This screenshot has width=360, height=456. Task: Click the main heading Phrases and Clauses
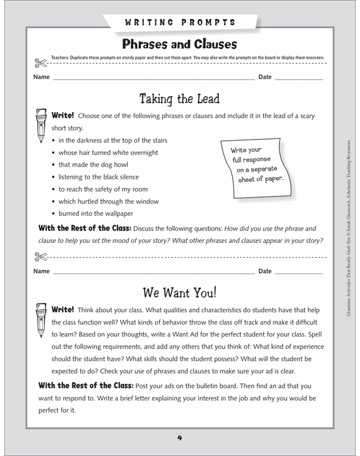click(x=179, y=44)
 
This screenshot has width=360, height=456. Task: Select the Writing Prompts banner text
click(x=180, y=23)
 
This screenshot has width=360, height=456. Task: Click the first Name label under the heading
click(x=41, y=77)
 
